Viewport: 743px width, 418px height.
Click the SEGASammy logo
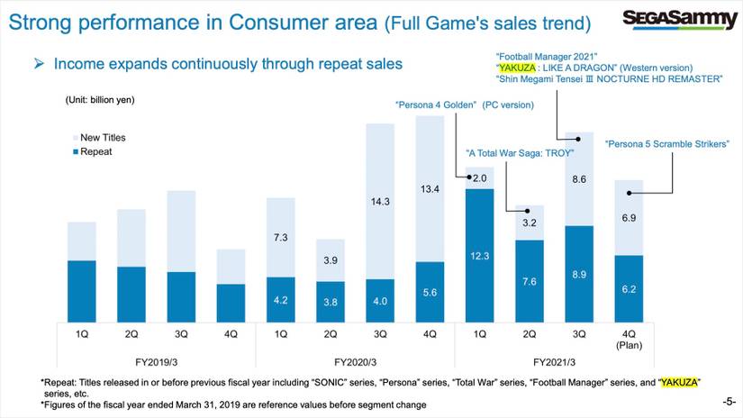[x=681, y=19]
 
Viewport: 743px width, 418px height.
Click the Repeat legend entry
[x=95, y=152]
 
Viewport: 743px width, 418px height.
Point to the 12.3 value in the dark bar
[x=479, y=258]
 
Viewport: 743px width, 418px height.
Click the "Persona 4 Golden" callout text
[x=465, y=104]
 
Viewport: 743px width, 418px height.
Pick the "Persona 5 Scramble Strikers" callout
[x=666, y=143]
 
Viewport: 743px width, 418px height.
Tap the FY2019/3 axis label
[x=156, y=361]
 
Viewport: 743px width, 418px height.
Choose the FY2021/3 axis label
[x=553, y=361]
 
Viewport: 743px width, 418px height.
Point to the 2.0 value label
[x=479, y=178]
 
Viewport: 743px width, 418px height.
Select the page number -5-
[x=729, y=399]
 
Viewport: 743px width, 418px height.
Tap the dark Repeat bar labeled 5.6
[x=429, y=292]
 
